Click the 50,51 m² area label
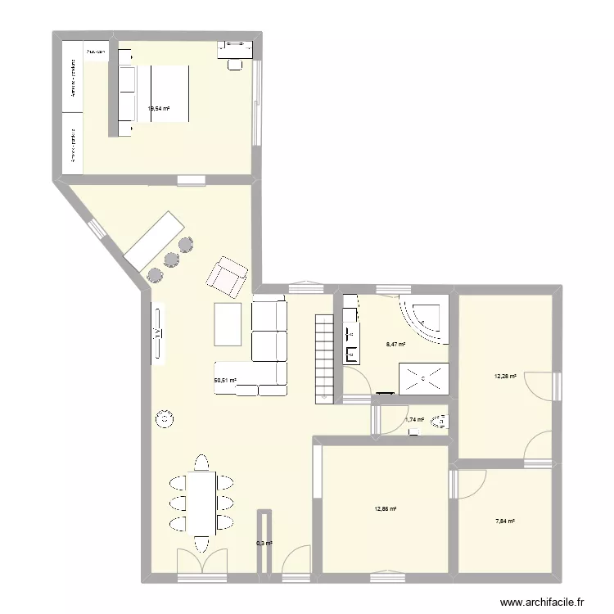tap(225, 381)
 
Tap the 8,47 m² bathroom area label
tap(396, 345)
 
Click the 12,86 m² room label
tap(385, 509)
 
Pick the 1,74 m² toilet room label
tap(414, 420)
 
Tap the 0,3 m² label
tap(264, 543)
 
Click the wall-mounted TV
tap(156, 332)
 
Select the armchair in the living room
tap(228, 276)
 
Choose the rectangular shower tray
tap(424, 378)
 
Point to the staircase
tap(323, 357)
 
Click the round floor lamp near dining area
tap(165, 419)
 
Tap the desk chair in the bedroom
tap(237, 62)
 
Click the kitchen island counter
tap(153, 238)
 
